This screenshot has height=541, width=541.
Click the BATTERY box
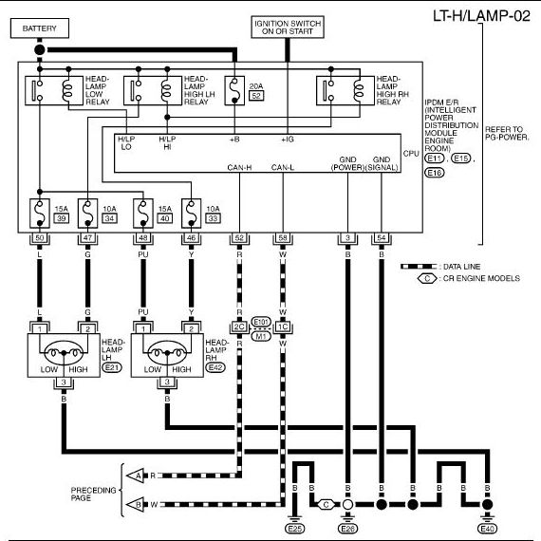coord(40,28)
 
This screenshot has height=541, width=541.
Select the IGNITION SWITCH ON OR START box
coord(288,27)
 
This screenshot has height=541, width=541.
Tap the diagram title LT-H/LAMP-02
coord(481,16)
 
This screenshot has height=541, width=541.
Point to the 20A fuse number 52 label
coord(256,96)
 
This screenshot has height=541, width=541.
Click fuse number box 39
coord(62,218)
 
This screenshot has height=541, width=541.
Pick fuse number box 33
coord(213,218)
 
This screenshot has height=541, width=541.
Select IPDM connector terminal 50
coord(40,237)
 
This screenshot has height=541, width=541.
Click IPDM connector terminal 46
coord(191,237)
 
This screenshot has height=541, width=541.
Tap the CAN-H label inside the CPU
coord(239,168)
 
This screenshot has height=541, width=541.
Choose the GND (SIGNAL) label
coord(382,163)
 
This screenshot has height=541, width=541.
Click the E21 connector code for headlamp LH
coord(112,367)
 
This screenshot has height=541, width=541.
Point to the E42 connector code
coord(215,367)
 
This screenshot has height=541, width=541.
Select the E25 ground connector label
coord(295,529)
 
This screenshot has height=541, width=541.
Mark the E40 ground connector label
coord(487,529)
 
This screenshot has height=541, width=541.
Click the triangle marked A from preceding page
coord(136,476)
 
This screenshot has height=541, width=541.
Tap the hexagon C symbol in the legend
coord(427,278)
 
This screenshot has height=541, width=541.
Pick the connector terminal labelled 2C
coord(239,326)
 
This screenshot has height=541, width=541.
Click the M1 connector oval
coord(261,336)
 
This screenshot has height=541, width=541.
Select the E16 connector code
coord(435,173)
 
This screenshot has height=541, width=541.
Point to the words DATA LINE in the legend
coord(461,267)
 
